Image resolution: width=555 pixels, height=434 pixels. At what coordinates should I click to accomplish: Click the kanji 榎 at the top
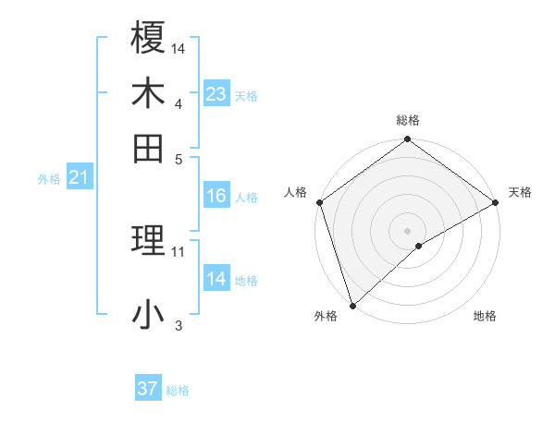click(x=149, y=39)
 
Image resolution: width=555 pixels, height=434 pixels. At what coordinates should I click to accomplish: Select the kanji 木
click(x=149, y=93)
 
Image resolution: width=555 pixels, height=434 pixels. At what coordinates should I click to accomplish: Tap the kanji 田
click(x=149, y=148)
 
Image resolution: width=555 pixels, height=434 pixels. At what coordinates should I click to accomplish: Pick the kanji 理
click(x=149, y=242)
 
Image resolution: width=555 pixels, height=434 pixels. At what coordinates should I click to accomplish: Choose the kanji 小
click(x=149, y=315)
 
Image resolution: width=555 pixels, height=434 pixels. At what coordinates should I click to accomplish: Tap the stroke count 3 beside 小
click(x=179, y=325)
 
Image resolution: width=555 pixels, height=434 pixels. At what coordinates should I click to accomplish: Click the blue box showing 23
click(x=216, y=94)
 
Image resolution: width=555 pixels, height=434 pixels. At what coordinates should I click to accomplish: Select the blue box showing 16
click(x=216, y=196)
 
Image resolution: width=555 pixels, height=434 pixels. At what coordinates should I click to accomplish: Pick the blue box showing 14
click(x=216, y=279)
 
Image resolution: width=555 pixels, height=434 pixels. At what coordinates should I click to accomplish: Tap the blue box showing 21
click(x=78, y=177)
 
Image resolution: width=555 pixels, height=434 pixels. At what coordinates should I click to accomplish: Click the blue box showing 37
click(x=147, y=389)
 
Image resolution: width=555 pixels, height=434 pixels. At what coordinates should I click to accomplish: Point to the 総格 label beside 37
click(x=178, y=391)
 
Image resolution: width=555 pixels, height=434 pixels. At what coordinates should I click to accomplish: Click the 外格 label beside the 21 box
click(x=48, y=179)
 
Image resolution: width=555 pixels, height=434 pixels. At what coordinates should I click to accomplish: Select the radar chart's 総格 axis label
click(x=407, y=120)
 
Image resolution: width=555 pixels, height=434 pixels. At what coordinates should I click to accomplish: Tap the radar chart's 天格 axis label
click(x=520, y=192)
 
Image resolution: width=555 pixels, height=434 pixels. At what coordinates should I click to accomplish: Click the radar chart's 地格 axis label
click(x=485, y=316)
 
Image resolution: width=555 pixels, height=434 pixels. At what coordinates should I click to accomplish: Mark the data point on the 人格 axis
click(x=319, y=202)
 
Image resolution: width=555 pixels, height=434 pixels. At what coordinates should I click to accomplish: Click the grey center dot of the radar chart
click(x=407, y=230)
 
